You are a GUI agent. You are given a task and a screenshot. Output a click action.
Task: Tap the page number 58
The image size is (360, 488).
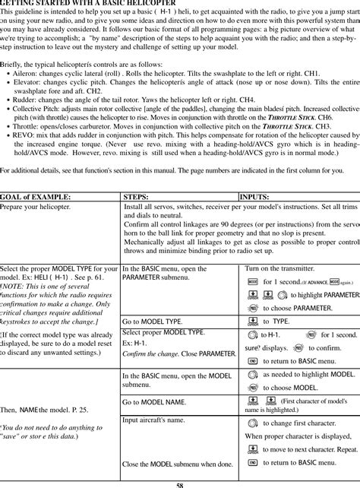point(180,484)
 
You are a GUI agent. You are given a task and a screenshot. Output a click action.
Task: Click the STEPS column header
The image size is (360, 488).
point(135,196)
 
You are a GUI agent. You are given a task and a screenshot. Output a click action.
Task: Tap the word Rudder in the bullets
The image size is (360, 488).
point(25,119)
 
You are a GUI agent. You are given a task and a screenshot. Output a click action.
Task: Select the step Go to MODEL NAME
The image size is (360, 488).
point(155,401)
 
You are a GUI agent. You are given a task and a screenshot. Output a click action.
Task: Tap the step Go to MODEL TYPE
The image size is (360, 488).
point(152,322)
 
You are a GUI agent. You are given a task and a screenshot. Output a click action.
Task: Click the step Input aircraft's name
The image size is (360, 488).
point(155,420)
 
